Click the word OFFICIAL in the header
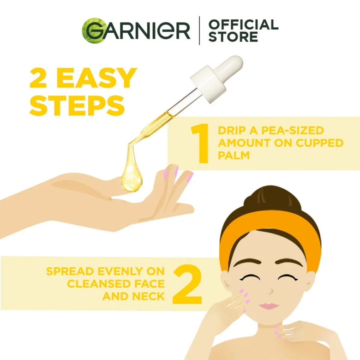243,24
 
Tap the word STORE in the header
233,37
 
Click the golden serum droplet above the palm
130,176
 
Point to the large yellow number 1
200,144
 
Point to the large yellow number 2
187,284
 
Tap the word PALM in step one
234,156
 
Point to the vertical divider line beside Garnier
199,31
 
